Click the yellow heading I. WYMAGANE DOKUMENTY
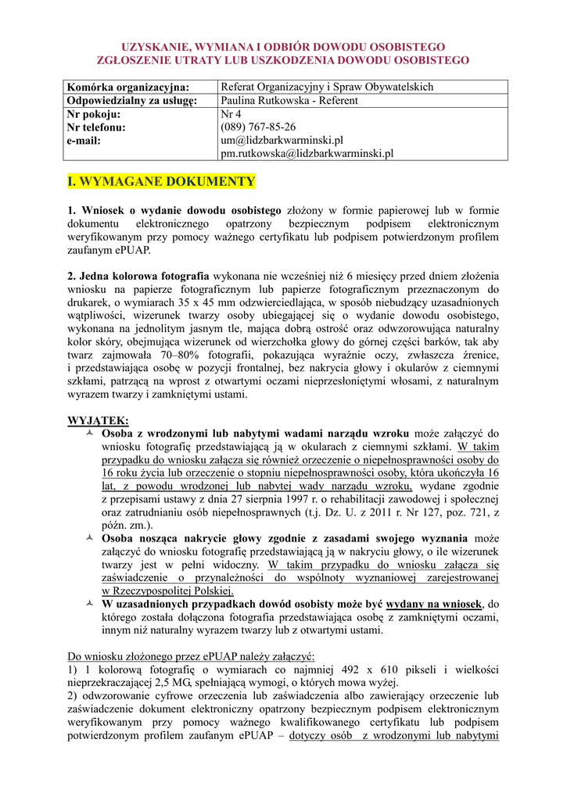(161, 182)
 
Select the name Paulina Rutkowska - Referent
(289, 101)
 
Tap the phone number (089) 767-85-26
(258, 127)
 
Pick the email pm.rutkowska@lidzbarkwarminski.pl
(307, 154)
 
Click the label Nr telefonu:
(96, 127)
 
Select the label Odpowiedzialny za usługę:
(131, 101)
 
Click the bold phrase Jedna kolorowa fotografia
(144, 276)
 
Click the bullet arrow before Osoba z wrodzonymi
(86, 433)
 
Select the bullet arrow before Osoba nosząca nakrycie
(86, 538)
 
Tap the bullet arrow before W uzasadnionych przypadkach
(86, 604)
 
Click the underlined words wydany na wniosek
(434, 604)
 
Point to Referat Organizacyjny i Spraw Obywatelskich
(327, 87)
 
